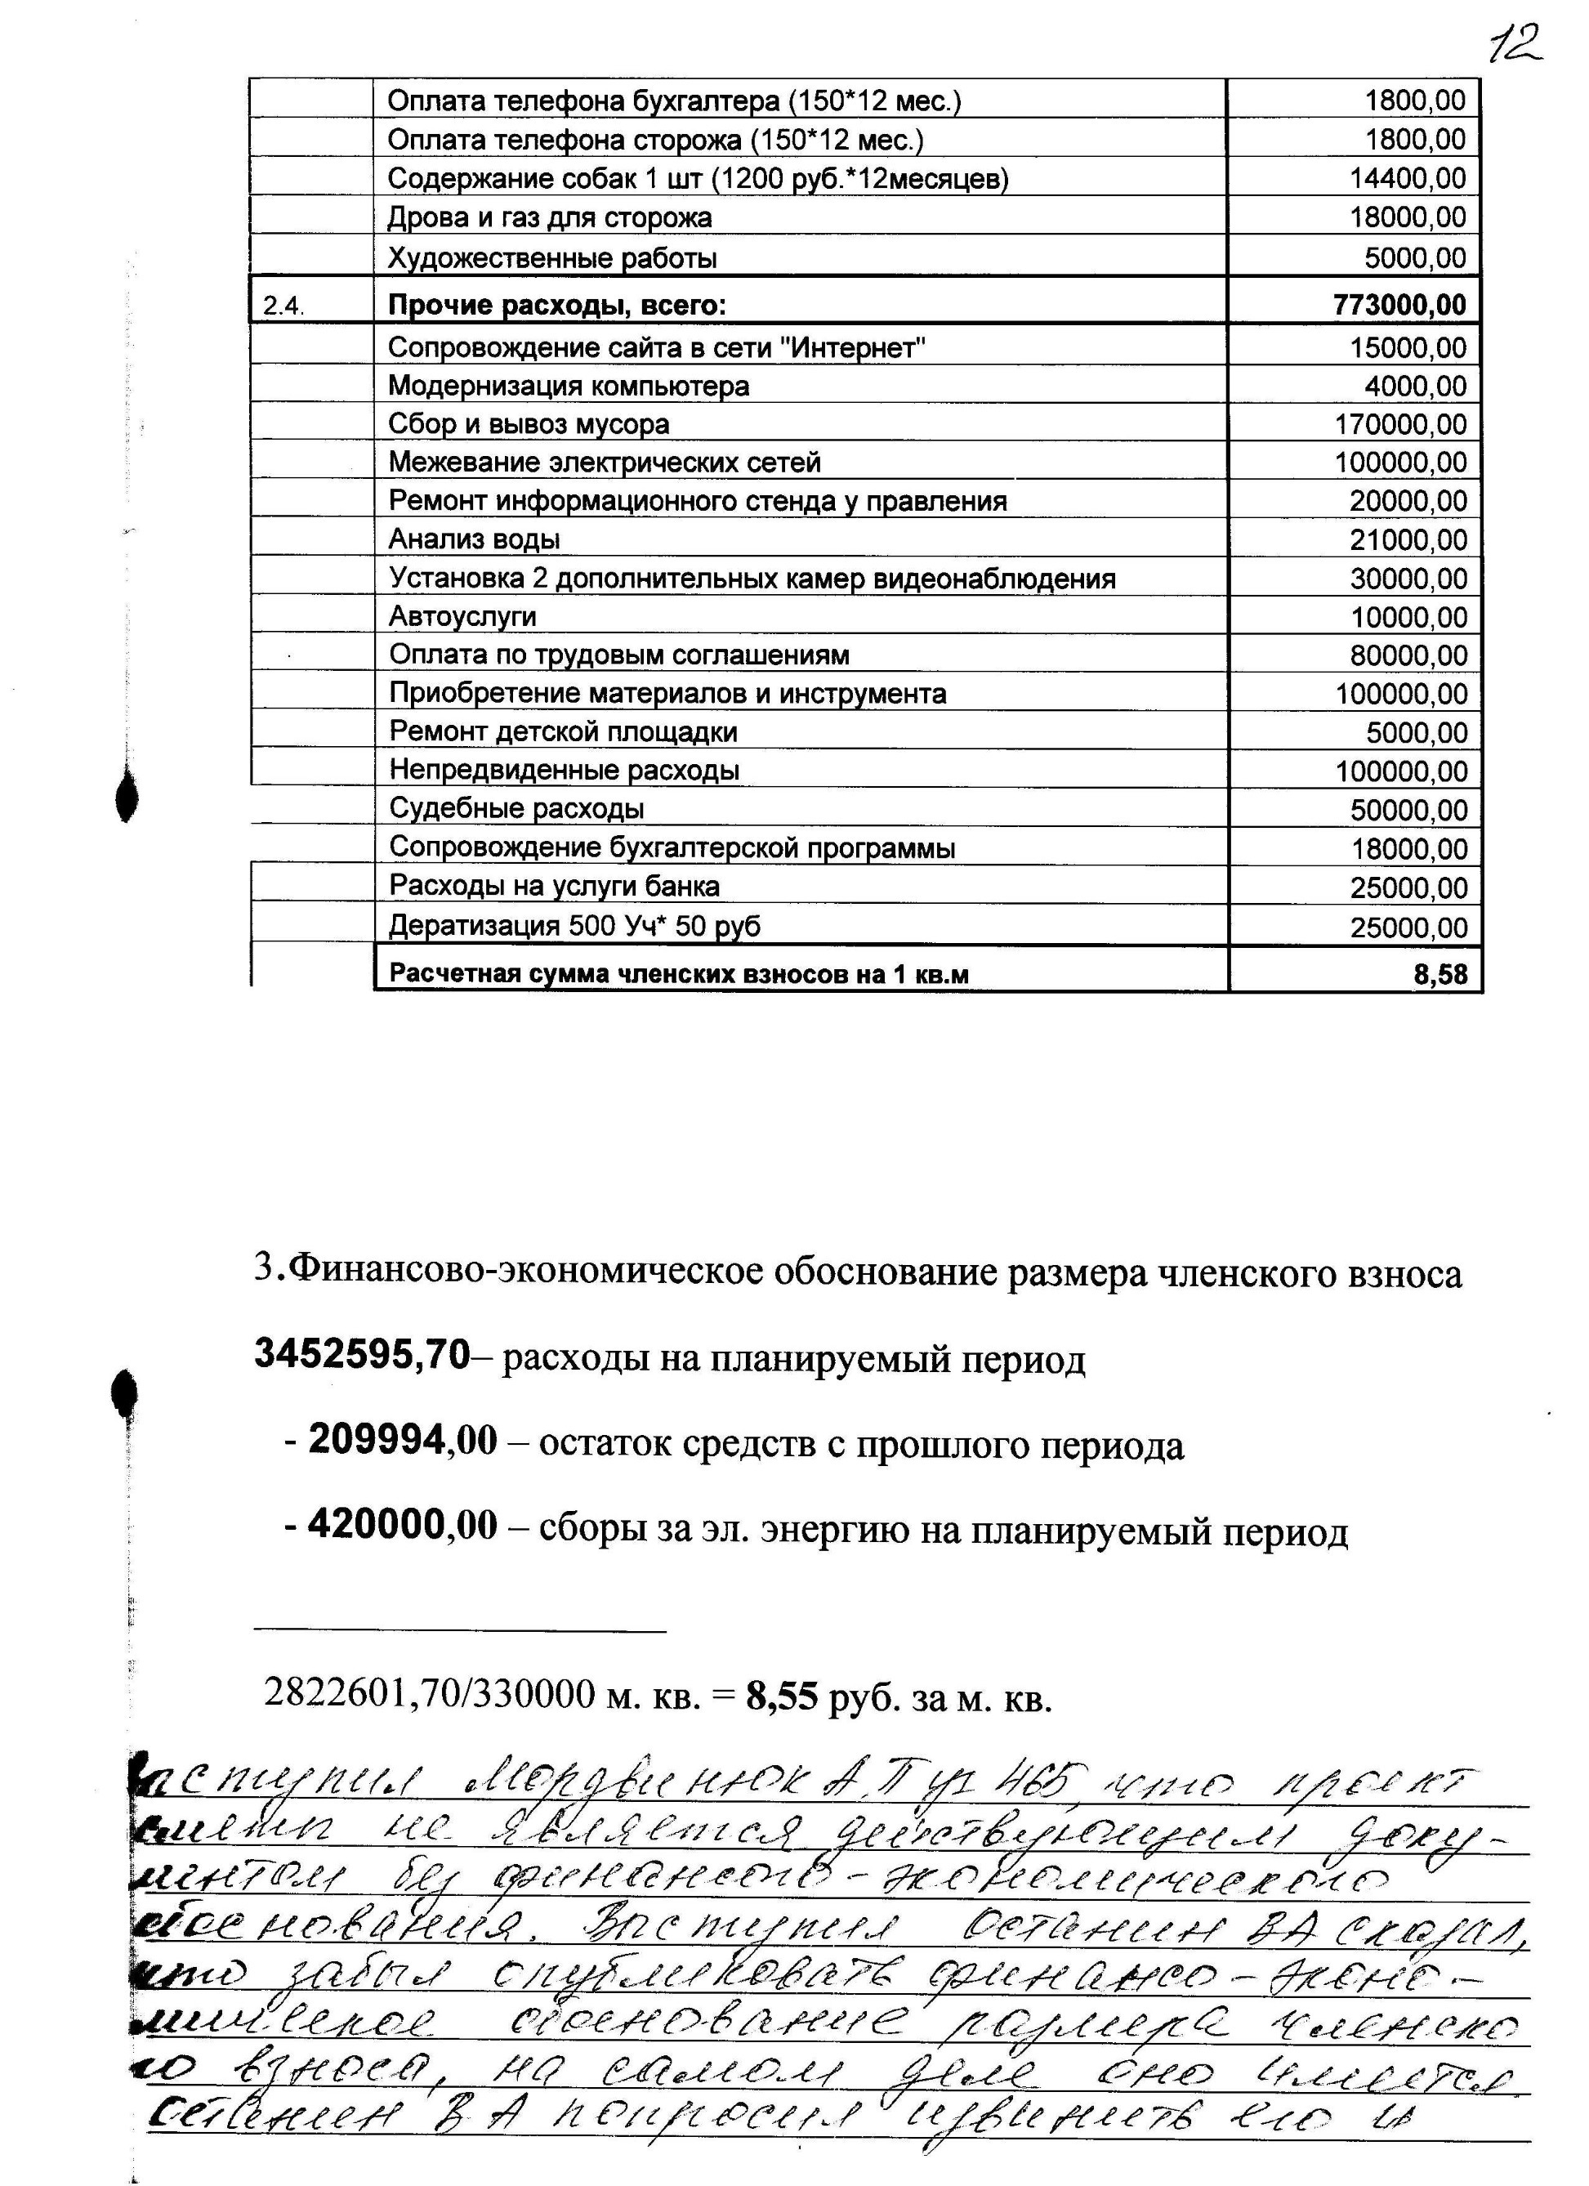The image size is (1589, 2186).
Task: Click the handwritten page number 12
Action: (1514, 43)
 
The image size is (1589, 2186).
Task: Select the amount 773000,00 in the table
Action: (1399, 306)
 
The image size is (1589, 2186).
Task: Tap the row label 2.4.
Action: (283, 306)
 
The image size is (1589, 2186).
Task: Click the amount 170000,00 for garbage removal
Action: (1400, 424)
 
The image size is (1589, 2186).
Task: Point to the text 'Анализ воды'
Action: (474, 539)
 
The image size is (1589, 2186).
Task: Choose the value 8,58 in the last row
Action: (1440, 974)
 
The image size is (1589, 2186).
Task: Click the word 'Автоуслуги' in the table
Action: (462, 616)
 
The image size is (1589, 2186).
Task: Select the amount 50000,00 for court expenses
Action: (1408, 810)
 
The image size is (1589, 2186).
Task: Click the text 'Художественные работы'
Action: (552, 258)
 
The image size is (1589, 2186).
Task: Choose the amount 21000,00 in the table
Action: (1408, 539)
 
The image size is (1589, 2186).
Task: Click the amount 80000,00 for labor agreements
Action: (1408, 655)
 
